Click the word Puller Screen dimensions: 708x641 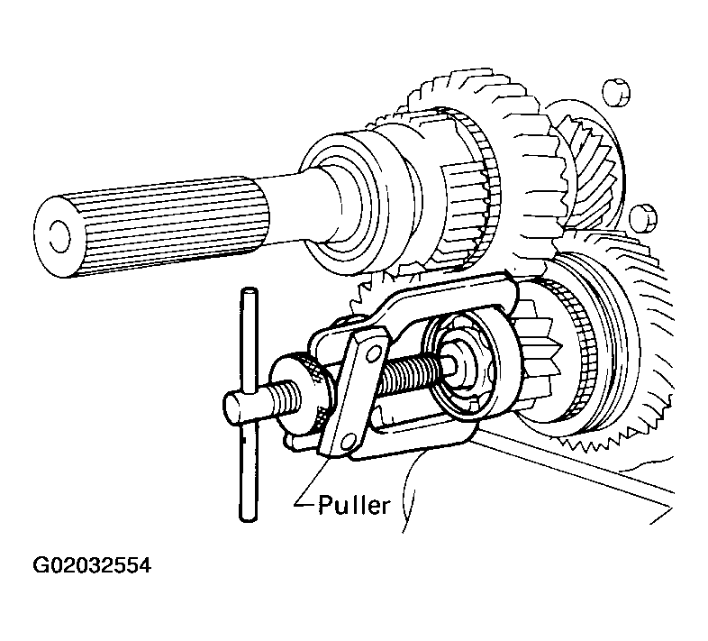pyautogui.click(x=353, y=505)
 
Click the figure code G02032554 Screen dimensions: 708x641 pyautogui.click(x=92, y=565)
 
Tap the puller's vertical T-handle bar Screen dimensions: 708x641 pyautogui.click(x=249, y=405)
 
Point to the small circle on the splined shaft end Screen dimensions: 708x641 pyautogui.click(x=59, y=236)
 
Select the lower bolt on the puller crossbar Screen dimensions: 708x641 pyautogui.click(x=347, y=442)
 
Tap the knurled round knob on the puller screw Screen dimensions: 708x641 pyautogui.click(x=299, y=392)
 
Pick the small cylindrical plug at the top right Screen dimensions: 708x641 pyautogui.click(x=616, y=93)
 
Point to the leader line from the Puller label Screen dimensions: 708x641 pyautogui.click(x=311, y=481)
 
